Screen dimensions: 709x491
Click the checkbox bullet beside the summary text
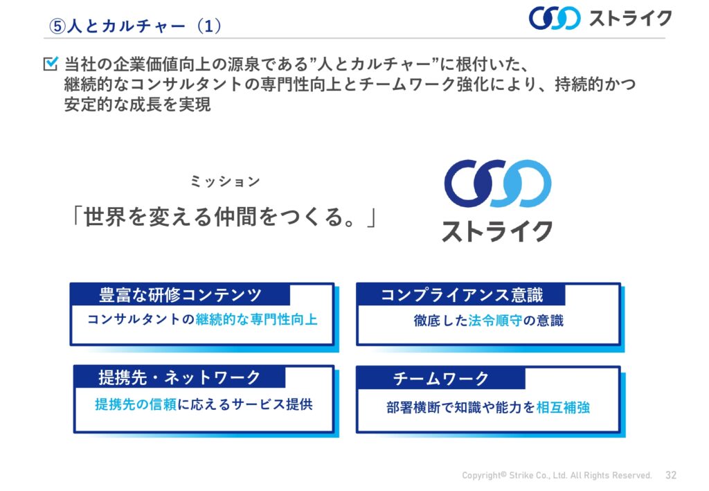click(51, 63)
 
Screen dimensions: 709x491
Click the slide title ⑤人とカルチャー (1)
click(135, 26)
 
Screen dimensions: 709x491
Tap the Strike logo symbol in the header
click(555, 18)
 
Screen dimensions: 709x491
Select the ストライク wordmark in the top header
click(630, 19)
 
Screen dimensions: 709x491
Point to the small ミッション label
click(225, 181)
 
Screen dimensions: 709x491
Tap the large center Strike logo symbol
click(498, 183)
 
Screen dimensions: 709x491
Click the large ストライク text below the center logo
click(497, 231)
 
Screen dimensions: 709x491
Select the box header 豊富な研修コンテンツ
click(181, 295)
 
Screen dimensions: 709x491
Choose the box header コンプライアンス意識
click(462, 295)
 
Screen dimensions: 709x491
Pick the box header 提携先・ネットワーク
click(179, 377)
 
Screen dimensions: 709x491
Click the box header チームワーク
click(441, 378)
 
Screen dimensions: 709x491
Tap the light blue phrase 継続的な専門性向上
click(256, 320)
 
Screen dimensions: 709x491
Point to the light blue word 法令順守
click(495, 321)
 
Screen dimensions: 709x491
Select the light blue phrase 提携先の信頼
click(135, 404)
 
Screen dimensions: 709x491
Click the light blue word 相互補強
click(563, 407)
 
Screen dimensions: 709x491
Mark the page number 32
click(671, 474)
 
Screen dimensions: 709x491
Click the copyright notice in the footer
click(557, 475)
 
